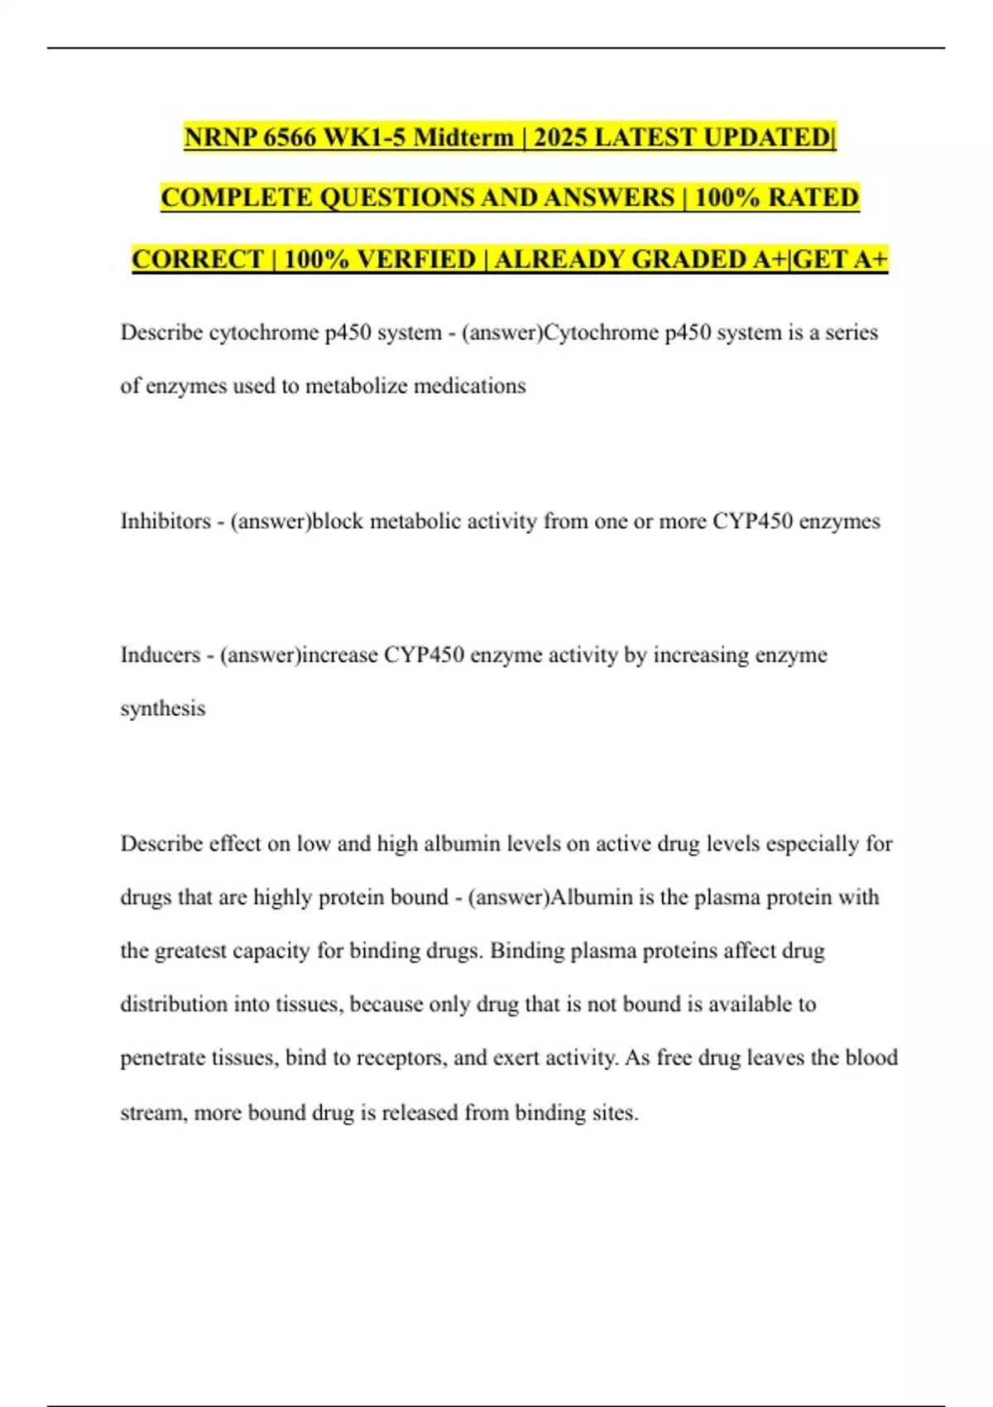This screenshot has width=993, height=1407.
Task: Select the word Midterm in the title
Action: (463, 137)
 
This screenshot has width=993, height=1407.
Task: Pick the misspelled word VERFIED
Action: (416, 259)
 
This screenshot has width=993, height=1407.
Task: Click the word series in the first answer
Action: (851, 333)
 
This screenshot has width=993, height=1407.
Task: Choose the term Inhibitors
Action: (165, 521)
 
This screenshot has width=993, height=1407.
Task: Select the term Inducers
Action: (161, 655)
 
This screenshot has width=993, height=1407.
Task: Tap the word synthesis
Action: (163, 709)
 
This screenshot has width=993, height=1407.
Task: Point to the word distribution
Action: (173, 1005)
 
